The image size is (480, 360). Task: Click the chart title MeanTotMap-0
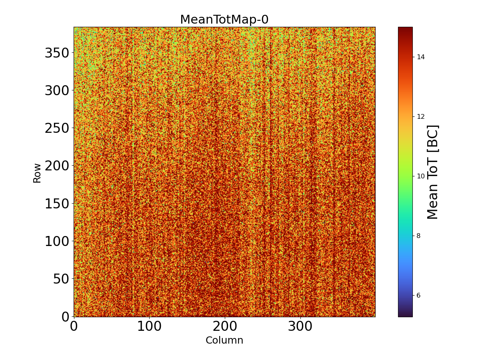click(x=224, y=20)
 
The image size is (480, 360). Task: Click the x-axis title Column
click(x=224, y=340)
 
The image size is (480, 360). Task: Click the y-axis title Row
click(x=37, y=173)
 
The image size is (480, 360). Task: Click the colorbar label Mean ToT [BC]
click(x=433, y=172)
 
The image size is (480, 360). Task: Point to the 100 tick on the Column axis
click(x=149, y=326)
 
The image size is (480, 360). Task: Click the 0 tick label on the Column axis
click(x=74, y=326)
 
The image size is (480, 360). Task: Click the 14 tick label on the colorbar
click(x=420, y=57)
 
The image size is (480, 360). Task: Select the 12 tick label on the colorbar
click(x=420, y=116)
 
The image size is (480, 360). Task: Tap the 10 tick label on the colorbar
click(x=420, y=176)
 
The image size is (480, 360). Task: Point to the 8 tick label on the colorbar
click(x=418, y=236)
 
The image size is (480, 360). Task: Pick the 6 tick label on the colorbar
click(x=418, y=295)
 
